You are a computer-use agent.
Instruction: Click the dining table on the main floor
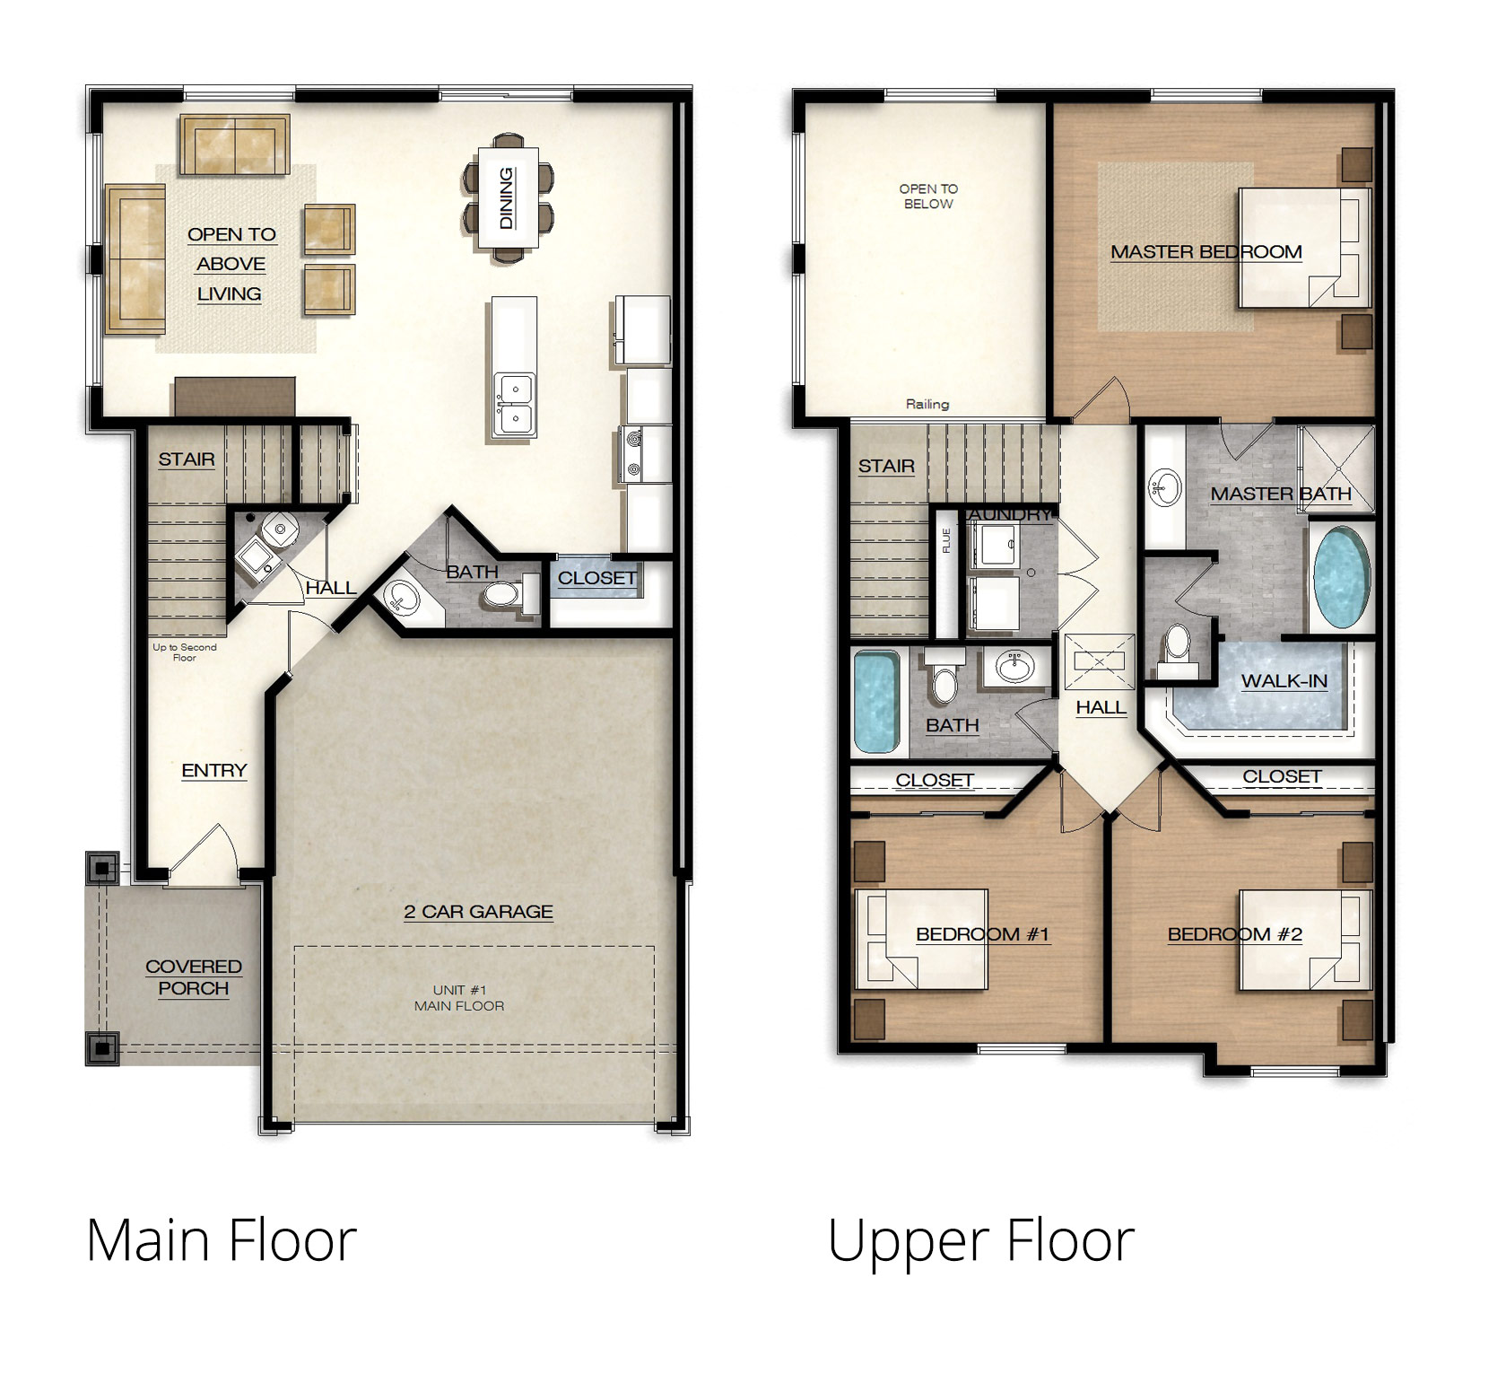[x=507, y=197]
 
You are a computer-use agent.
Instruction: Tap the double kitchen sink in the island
[x=514, y=406]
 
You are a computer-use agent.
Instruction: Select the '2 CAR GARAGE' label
[x=478, y=912]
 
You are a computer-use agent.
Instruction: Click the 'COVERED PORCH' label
[x=194, y=977]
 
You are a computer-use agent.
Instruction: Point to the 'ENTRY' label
[x=213, y=770]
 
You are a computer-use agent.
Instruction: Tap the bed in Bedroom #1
[x=922, y=939]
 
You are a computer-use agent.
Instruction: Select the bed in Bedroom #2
[x=1305, y=940]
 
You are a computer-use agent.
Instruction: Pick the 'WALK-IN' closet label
[x=1284, y=681]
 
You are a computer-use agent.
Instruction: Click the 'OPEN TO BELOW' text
[x=928, y=197]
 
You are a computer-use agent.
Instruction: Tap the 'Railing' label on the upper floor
[x=927, y=404]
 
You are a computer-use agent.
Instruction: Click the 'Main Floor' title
[x=222, y=1240]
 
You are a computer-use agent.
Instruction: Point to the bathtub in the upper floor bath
[x=876, y=702]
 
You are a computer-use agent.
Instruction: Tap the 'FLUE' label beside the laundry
[x=946, y=540]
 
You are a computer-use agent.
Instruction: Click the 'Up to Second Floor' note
[x=185, y=652]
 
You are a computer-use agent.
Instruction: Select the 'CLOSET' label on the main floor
[x=597, y=578]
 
